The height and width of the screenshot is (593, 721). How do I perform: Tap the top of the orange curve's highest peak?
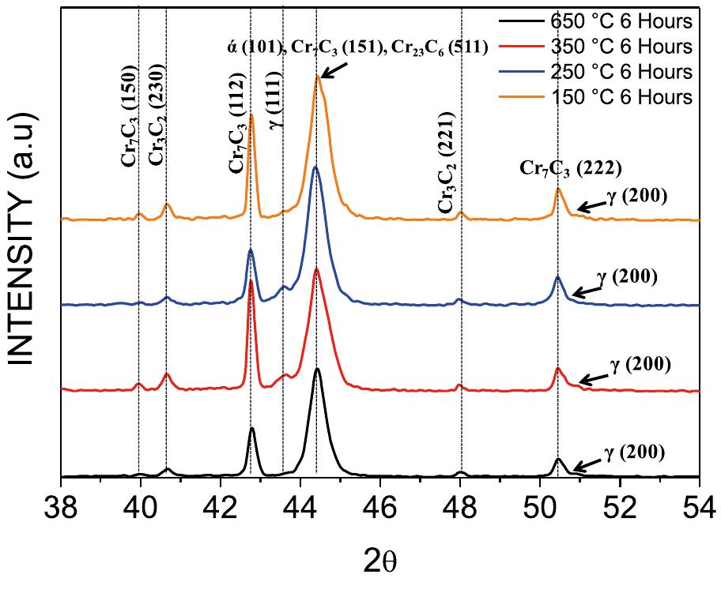(x=318, y=76)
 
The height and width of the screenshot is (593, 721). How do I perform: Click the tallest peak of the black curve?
(x=317, y=369)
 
